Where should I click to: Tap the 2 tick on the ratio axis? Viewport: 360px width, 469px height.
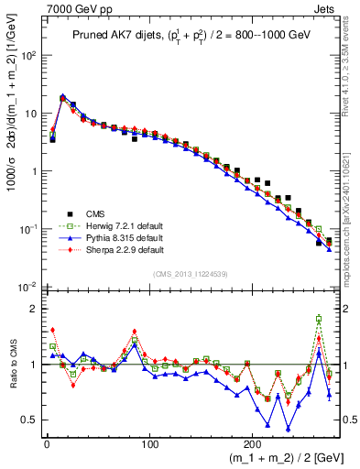coord(33,309)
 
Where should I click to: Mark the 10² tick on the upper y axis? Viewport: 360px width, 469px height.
coord(27,55)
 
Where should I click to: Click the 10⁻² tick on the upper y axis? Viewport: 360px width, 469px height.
coord(27,288)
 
